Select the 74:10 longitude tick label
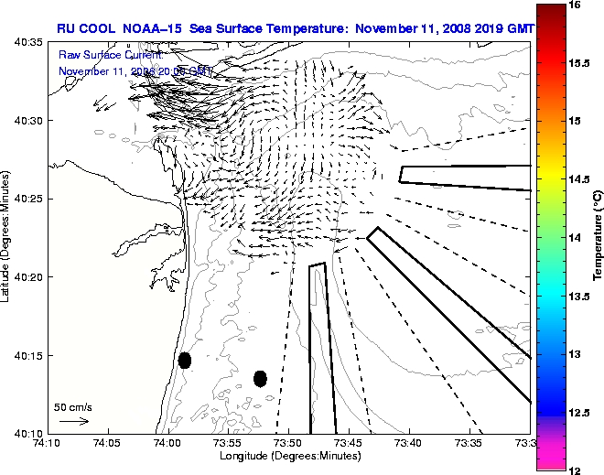click(48, 443)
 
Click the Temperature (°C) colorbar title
click(597, 236)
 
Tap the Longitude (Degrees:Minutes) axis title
click(288, 455)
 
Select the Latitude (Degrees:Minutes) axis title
click(7, 237)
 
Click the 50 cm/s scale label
click(73, 407)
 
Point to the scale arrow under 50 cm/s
click(73, 421)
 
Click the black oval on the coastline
click(185, 360)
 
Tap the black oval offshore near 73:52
click(260, 378)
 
